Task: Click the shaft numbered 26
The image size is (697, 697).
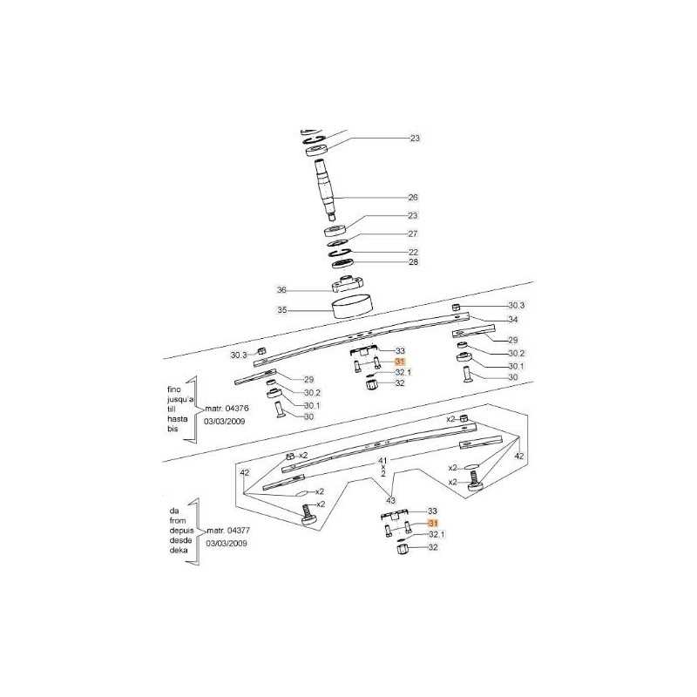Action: pos(326,189)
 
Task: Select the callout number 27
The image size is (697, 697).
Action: pos(413,233)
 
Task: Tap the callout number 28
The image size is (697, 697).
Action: pos(413,262)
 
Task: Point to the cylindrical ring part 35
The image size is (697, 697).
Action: pos(353,306)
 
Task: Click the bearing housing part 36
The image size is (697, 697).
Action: pos(348,284)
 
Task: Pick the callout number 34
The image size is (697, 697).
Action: pos(513,320)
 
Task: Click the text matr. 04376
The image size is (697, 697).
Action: pos(227,409)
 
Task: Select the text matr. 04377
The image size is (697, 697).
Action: pos(228,531)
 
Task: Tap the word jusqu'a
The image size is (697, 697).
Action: pos(180,399)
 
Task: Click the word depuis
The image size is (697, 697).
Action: pos(181,531)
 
